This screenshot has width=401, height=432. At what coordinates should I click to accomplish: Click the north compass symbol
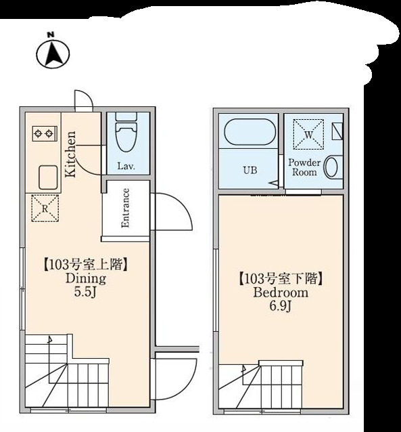(54, 53)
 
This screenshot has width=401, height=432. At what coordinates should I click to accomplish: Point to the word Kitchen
(70, 152)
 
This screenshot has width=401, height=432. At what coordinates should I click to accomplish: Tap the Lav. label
(125, 166)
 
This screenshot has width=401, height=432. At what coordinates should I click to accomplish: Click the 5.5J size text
(85, 292)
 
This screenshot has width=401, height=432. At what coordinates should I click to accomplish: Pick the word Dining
(85, 278)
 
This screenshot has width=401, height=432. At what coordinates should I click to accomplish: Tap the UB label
(250, 171)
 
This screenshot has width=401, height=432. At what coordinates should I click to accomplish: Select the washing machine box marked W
(308, 134)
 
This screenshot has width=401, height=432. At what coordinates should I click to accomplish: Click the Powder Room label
(304, 167)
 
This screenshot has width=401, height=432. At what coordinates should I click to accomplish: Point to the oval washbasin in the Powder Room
(331, 167)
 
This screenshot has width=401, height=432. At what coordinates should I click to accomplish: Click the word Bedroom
(280, 293)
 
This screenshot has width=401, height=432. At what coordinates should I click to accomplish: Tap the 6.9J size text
(280, 307)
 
